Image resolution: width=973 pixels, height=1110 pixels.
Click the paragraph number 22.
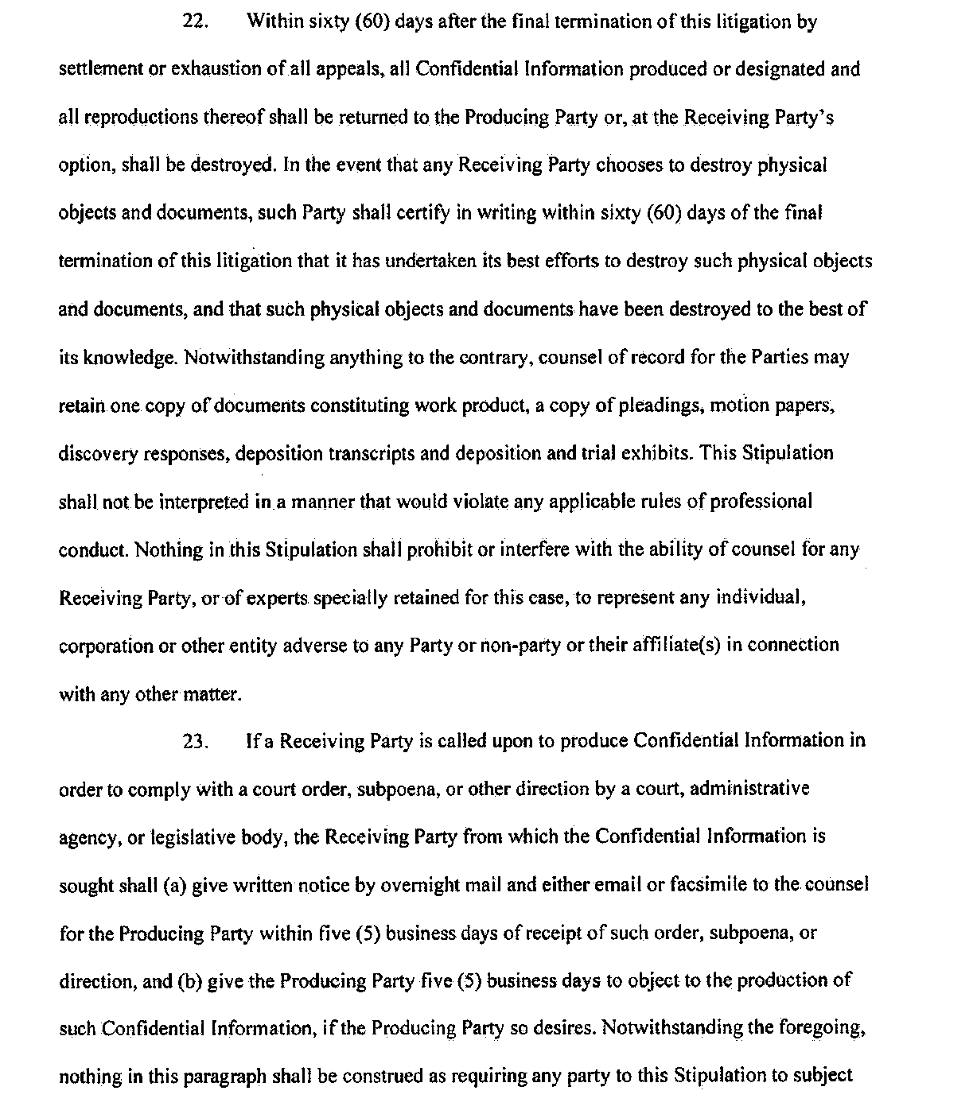click(195, 21)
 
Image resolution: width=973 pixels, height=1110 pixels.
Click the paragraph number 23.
click(195, 742)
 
